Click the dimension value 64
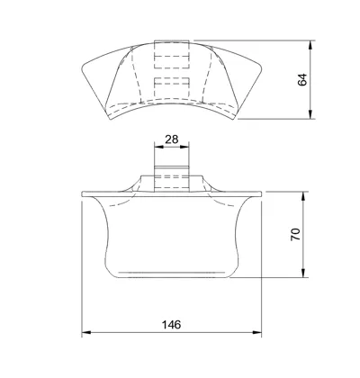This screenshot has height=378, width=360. click(302, 79)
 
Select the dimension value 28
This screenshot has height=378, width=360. click(172, 139)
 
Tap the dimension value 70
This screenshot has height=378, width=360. click(295, 234)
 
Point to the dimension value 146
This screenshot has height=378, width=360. click(172, 325)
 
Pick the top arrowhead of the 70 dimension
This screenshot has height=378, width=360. click(303, 196)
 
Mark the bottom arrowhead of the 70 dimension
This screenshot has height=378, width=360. click(303, 273)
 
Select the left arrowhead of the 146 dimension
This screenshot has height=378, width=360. click(86, 332)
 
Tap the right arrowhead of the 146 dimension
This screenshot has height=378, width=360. click(256, 332)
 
